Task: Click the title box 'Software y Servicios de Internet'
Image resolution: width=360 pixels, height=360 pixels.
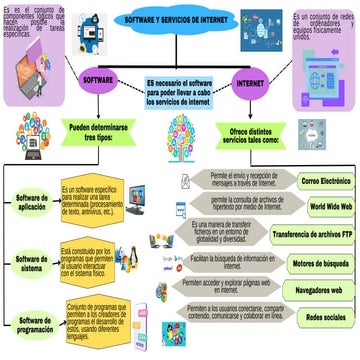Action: [x=180, y=20]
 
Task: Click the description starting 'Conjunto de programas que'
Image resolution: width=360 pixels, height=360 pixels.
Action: [x=100, y=319]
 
